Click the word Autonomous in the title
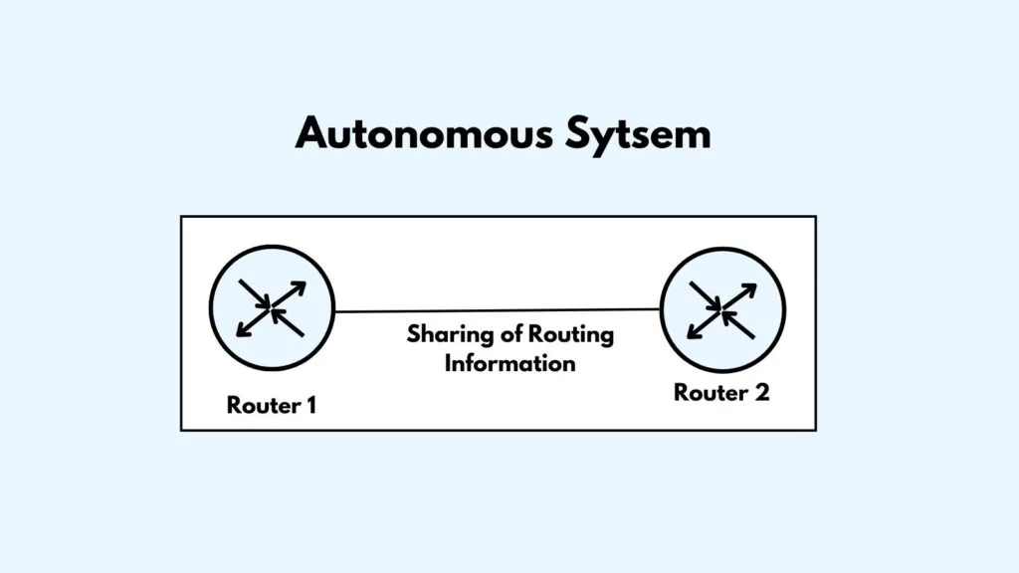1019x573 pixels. click(424, 133)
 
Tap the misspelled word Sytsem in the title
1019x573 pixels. click(638, 135)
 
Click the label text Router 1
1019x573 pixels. click(272, 406)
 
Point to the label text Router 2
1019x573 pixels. click(721, 392)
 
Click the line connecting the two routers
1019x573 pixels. click(498, 310)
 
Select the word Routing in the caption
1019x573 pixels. click(571, 335)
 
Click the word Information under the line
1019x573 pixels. click(510, 363)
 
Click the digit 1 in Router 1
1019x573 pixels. click(311, 406)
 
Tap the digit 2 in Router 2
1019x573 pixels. click(762, 392)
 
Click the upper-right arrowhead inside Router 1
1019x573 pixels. click(300, 286)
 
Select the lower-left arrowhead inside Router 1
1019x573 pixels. click(243, 330)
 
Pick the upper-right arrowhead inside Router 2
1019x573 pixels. click(750, 289)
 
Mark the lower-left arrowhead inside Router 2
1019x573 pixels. click(694, 332)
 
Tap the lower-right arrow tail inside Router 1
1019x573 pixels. click(303, 335)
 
